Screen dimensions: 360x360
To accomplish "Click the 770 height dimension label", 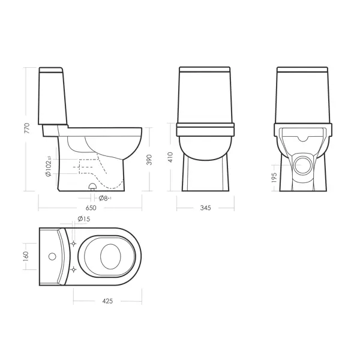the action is pos(27,128).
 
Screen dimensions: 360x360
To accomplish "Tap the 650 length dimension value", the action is pos(91,208).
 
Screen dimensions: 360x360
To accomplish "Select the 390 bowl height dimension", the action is pos(149,160).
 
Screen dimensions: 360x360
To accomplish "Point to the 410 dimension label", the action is pos(170,157).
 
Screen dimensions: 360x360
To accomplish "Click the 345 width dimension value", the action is pos(205,208).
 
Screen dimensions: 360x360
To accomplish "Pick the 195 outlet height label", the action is pos(274,178).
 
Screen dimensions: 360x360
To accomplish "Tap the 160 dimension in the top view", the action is pos(26,256).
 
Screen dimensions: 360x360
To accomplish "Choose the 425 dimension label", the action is pos(107,301).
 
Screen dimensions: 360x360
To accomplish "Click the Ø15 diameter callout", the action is pos(84,219).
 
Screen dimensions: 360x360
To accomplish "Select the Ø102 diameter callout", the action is pos(48,166).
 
